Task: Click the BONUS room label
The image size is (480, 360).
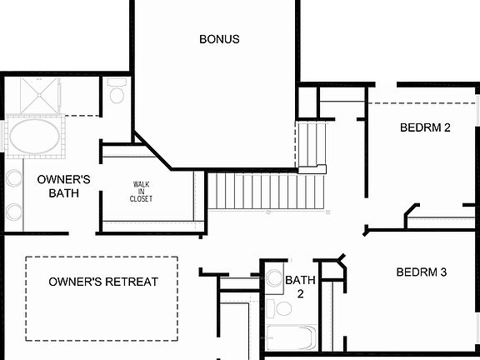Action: click(219, 39)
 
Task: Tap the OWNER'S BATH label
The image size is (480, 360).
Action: click(63, 186)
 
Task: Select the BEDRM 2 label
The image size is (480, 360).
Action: click(425, 128)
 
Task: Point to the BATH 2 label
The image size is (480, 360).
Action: click(300, 287)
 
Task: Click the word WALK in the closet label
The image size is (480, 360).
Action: click(141, 184)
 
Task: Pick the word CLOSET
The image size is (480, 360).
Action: click(141, 198)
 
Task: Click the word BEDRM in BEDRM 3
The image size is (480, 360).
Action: click(415, 272)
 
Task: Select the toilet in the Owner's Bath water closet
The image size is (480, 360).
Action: click(117, 91)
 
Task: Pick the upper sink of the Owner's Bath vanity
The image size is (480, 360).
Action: click(14, 178)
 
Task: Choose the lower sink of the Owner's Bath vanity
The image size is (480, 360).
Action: click(14, 211)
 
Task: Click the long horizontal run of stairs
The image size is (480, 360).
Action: click(265, 191)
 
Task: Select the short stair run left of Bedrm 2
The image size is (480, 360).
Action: click(312, 143)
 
